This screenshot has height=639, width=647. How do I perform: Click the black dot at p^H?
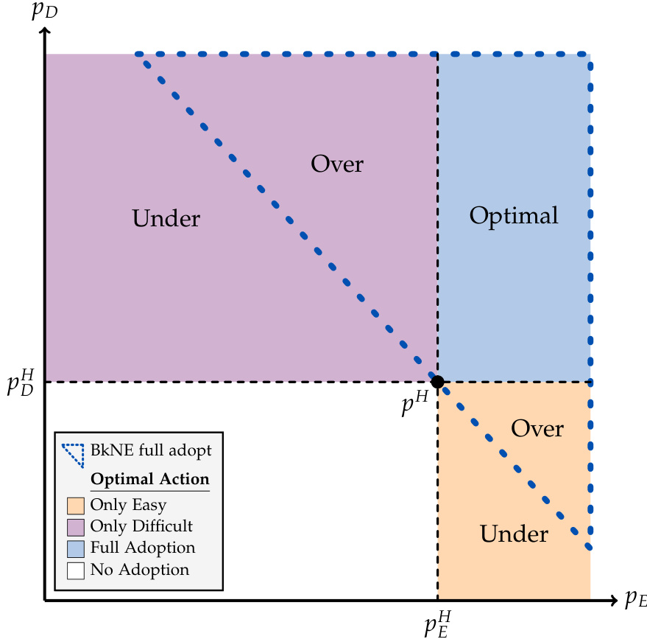437,382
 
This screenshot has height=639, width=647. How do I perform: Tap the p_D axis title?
45,13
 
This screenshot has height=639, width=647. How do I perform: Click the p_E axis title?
634,598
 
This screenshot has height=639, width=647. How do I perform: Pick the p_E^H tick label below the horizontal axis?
437,622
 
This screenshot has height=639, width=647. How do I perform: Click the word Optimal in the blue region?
514,216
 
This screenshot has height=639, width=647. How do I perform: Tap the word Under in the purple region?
166,218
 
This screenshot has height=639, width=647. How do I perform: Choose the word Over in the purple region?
337,163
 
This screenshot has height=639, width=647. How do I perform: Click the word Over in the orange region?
537,428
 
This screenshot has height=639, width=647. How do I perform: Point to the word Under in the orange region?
514,534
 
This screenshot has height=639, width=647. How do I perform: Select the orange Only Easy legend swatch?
75,506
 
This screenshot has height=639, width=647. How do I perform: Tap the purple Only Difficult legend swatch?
75,527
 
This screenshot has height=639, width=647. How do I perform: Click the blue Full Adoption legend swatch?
75,548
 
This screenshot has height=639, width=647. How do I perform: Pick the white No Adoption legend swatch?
75,570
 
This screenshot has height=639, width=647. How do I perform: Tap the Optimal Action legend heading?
149,479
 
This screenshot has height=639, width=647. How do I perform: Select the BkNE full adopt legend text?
152,449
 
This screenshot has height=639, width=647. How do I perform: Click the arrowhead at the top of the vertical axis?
45,32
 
